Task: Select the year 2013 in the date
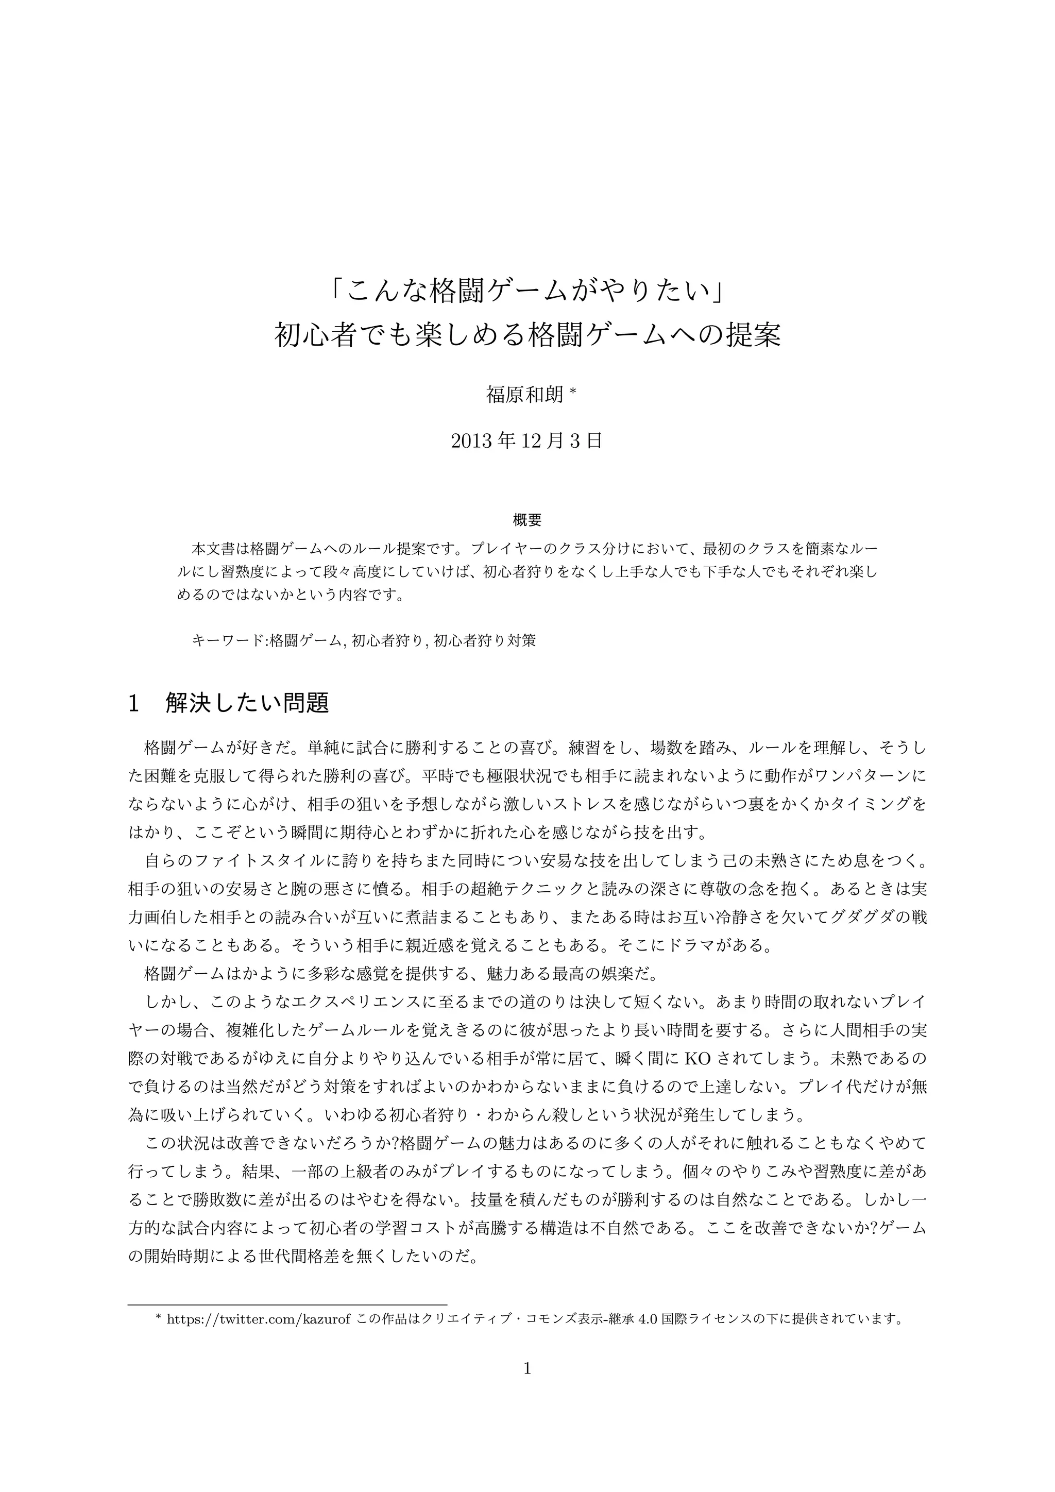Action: tap(471, 441)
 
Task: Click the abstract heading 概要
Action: tap(527, 520)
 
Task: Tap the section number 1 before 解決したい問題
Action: tap(134, 703)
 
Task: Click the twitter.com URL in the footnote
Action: tap(260, 1318)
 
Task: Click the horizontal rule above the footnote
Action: tap(288, 1304)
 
